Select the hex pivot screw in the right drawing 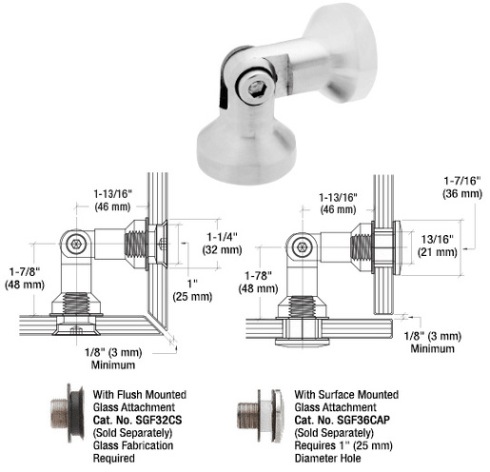click(304, 246)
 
